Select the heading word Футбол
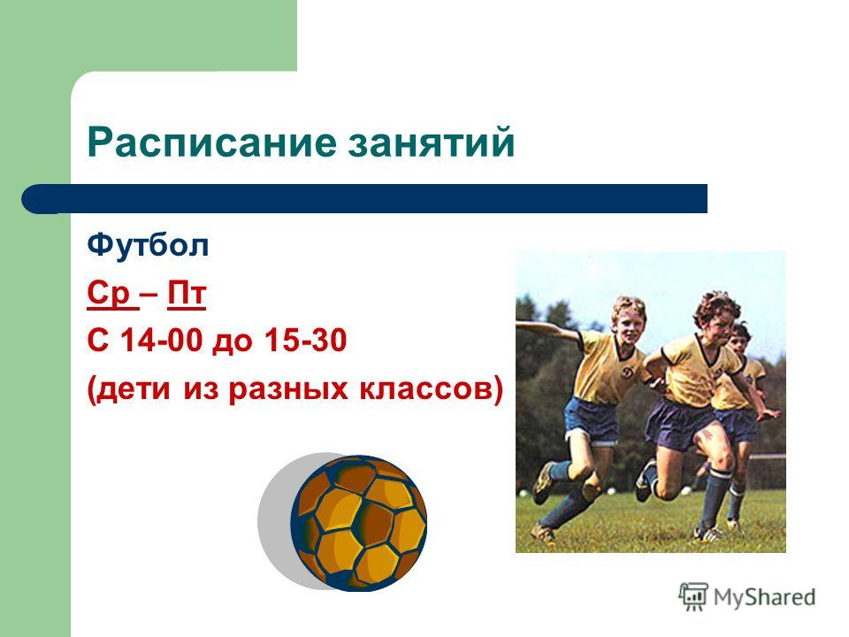point(148,245)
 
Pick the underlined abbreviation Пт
point(187,293)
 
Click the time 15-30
point(305,341)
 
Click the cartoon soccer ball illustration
point(359,523)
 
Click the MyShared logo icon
point(693,596)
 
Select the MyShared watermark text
point(764,597)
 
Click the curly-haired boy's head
point(717,313)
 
